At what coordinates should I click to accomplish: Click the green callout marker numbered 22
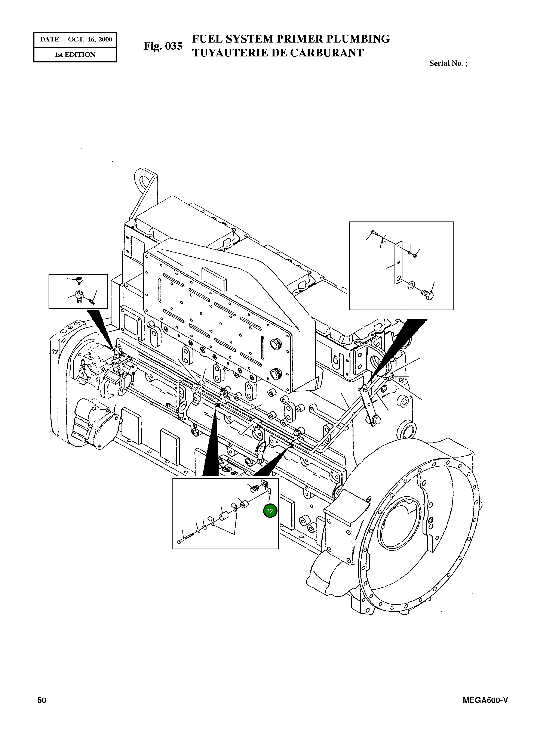[270, 511]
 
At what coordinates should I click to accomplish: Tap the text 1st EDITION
[75, 55]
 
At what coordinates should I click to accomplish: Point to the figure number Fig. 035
[163, 46]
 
